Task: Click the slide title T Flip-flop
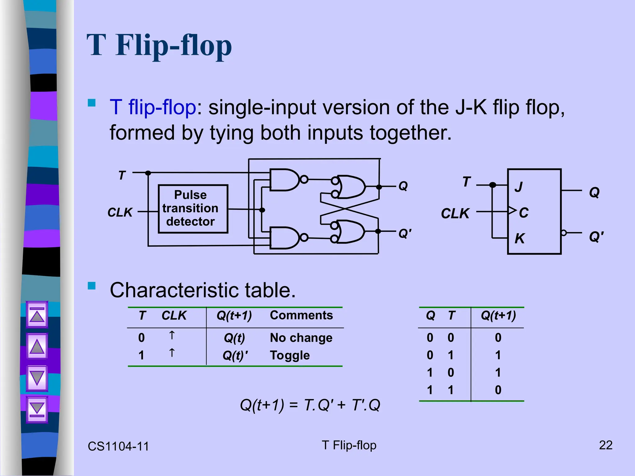pyautogui.click(x=159, y=46)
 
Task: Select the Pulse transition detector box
pyautogui.click(x=193, y=209)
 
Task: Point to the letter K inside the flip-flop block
pyautogui.click(x=520, y=239)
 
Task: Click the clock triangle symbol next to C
pyautogui.click(x=512, y=211)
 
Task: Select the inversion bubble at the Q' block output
pyautogui.click(x=564, y=233)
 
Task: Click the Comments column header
pyautogui.click(x=301, y=315)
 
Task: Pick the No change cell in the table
pyautogui.click(x=301, y=337)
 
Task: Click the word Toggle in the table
pyautogui.click(x=290, y=355)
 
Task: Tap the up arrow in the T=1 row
pyautogui.click(x=172, y=353)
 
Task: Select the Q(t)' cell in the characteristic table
pyautogui.click(x=235, y=355)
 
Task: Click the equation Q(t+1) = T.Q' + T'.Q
pyautogui.click(x=310, y=405)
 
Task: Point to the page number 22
pyautogui.click(x=605, y=445)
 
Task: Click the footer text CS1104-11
pyautogui.click(x=118, y=446)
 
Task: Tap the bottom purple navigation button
pyautogui.click(x=37, y=409)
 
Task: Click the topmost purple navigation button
pyautogui.click(x=37, y=315)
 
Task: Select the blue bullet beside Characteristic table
pyautogui.click(x=91, y=286)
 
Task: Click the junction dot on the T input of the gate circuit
pyautogui.click(x=148, y=173)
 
